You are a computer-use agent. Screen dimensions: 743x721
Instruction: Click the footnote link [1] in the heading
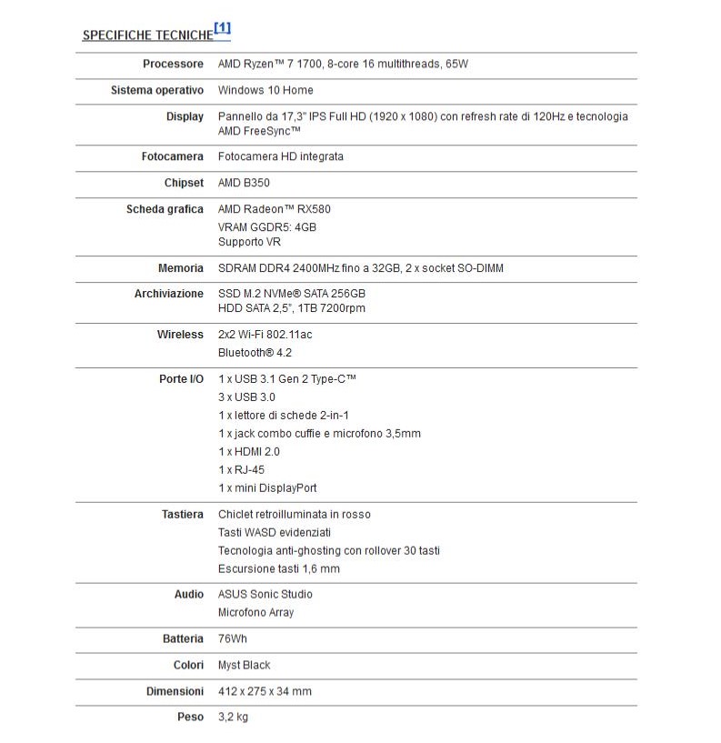223,29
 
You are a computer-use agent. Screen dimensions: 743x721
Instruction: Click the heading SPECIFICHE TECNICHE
147,35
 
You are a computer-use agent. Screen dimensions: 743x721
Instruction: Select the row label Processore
173,64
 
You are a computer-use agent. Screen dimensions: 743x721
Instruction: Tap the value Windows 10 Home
265,90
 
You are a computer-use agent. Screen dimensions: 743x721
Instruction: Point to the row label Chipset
184,183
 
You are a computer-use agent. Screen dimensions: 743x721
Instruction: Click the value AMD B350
244,183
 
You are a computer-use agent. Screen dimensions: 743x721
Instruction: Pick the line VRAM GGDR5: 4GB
267,226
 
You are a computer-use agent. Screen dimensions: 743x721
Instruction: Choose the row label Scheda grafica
165,209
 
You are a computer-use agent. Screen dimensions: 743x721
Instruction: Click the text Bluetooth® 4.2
255,352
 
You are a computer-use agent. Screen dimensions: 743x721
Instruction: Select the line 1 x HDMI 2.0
249,451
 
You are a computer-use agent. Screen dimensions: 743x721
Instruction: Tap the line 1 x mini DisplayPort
267,487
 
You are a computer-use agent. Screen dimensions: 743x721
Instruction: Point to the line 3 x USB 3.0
246,397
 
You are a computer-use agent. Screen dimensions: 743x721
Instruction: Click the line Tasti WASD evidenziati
275,532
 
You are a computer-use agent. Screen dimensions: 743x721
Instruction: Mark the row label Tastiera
182,514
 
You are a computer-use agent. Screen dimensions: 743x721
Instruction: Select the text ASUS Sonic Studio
265,594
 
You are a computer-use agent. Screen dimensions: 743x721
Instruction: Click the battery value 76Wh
233,638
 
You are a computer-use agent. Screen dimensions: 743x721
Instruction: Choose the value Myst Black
244,665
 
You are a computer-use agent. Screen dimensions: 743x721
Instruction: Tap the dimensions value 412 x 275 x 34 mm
265,691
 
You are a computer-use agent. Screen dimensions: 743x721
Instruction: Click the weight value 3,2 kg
233,718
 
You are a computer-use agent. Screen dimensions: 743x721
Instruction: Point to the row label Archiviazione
169,294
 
